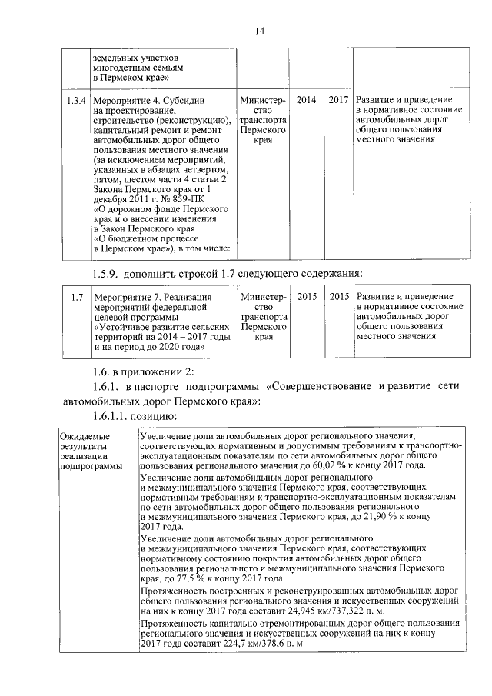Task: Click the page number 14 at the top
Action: pyautogui.click(x=260, y=30)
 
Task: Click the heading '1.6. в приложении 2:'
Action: pyautogui.click(x=144, y=371)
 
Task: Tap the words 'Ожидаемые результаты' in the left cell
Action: pyautogui.click(x=88, y=441)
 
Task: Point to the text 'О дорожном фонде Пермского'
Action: pyautogui.click(x=161, y=209)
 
